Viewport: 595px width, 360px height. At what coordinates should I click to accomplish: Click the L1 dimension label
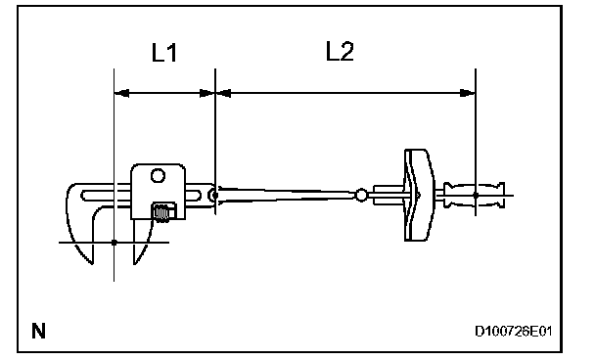[164, 53]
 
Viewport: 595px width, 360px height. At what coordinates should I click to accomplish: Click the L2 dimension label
[340, 51]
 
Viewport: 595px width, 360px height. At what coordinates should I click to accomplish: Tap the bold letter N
[38, 331]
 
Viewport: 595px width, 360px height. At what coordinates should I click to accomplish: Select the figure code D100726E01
[513, 332]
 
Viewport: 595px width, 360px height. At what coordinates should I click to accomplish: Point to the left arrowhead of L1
[121, 93]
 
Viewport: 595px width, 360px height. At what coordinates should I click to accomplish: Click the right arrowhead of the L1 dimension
[207, 93]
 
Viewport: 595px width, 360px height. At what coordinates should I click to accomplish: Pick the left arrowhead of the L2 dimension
[223, 93]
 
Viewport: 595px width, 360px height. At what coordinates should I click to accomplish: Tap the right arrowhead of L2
[468, 93]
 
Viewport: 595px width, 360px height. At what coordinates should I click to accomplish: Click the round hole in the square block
[158, 176]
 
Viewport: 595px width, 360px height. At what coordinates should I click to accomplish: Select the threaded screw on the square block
[163, 212]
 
